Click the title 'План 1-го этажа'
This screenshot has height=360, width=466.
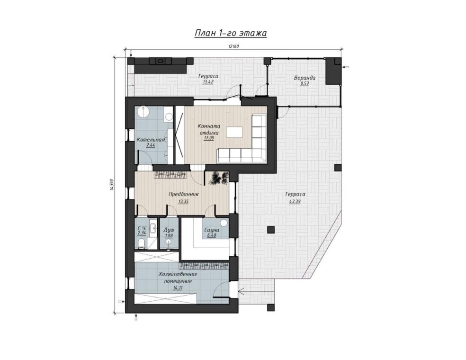click(231, 33)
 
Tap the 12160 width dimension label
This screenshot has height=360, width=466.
click(233, 46)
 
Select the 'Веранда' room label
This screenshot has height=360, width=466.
click(305, 78)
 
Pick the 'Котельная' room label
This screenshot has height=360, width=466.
click(151, 140)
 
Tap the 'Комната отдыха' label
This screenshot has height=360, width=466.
click(208, 129)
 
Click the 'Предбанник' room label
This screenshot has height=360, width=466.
click(183, 194)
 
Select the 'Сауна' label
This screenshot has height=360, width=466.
click(212, 230)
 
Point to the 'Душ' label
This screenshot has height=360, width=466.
click(169, 230)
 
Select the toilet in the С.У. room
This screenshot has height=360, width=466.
click(142, 243)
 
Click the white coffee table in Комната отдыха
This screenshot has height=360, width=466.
click(234, 132)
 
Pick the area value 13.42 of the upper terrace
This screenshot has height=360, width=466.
click(208, 82)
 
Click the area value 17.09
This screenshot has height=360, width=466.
click(208, 138)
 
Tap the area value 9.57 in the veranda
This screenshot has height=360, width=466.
click(305, 84)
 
